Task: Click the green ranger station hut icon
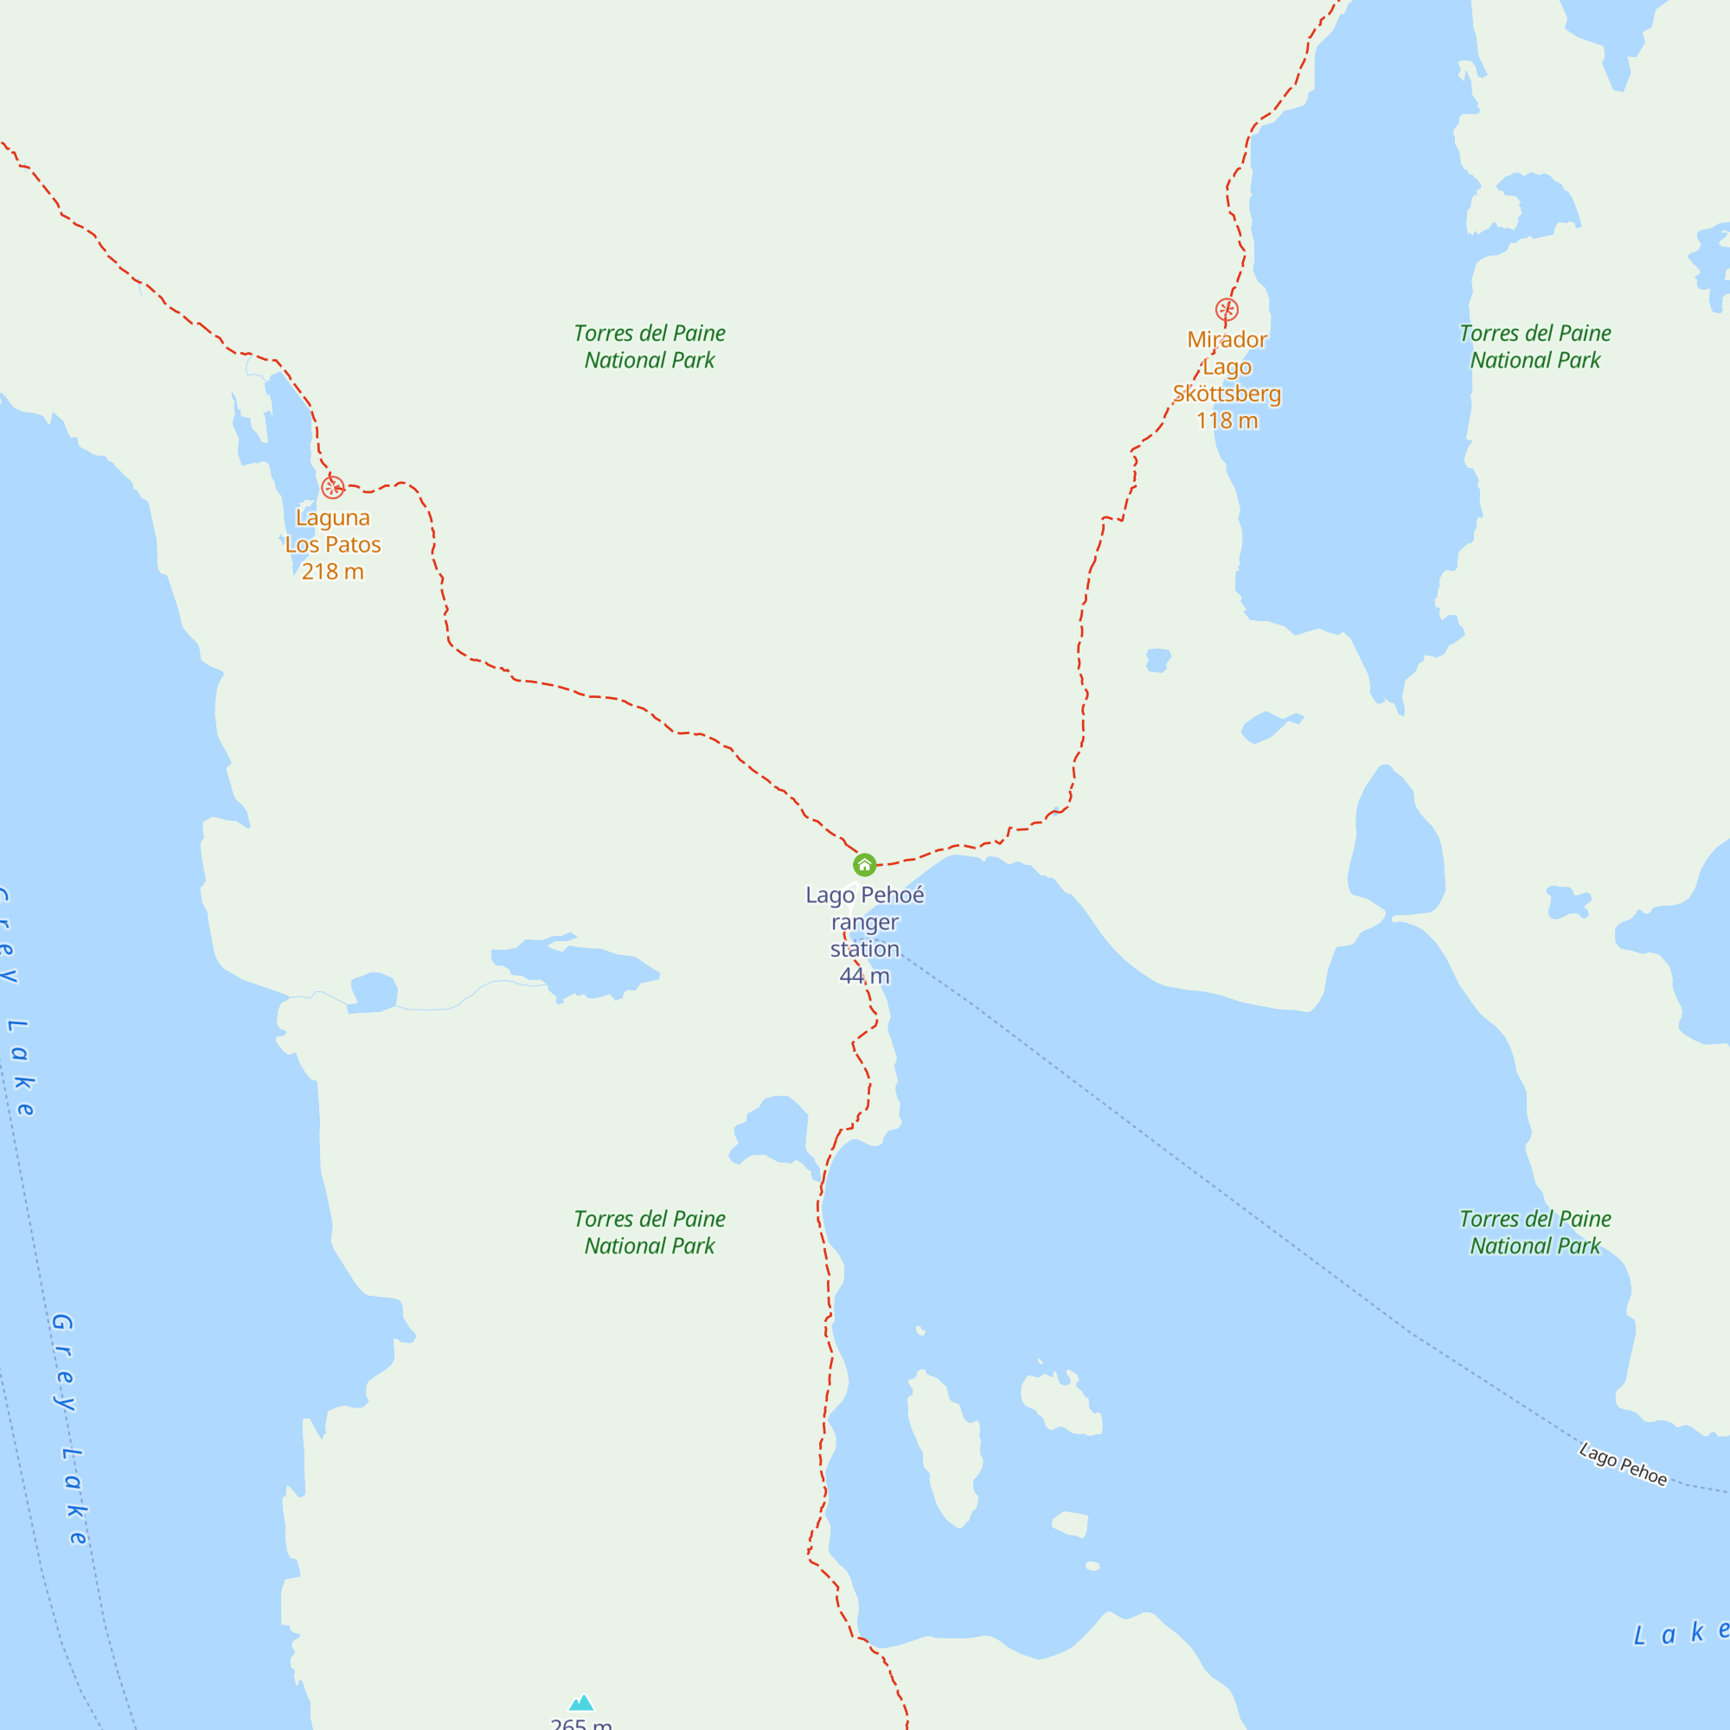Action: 864,865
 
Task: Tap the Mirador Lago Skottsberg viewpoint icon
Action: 1227,310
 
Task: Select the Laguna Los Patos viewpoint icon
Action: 332,487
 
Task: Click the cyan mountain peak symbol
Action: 582,1702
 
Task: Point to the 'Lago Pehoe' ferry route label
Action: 1623,1464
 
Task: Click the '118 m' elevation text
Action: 1227,421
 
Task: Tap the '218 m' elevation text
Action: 332,571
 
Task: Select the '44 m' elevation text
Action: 864,976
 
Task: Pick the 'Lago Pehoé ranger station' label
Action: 864,922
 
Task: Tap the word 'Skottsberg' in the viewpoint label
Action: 1227,394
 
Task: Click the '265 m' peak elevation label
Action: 581,1724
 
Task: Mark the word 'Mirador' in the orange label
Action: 1227,340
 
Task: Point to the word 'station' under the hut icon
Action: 864,949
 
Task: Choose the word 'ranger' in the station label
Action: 864,922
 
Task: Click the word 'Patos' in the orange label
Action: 353,544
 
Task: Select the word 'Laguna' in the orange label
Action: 332,517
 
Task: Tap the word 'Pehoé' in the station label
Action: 892,895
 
